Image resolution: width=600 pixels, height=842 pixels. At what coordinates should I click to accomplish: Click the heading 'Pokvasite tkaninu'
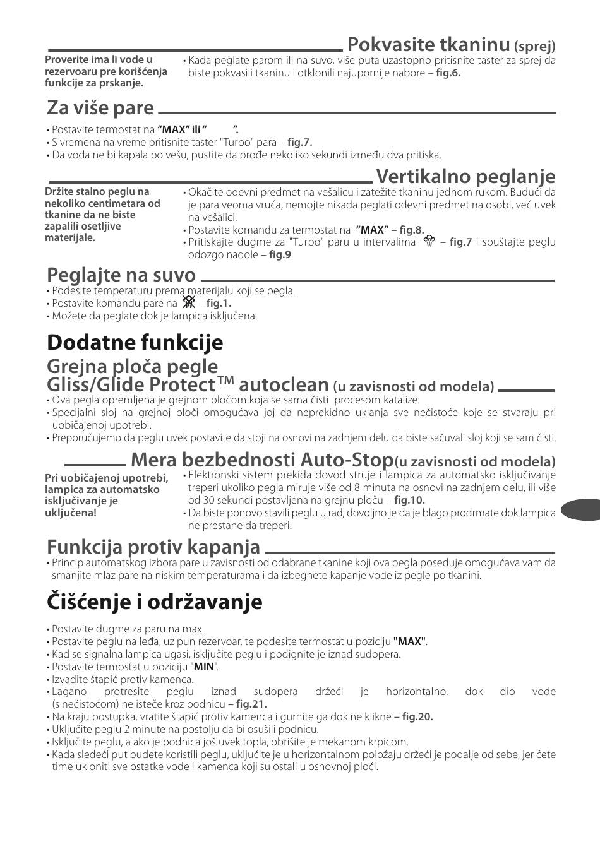[428, 44]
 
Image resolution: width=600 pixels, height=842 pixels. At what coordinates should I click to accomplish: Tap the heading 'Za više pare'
[100, 108]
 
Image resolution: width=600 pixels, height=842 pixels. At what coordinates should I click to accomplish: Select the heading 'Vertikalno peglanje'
[465, 175]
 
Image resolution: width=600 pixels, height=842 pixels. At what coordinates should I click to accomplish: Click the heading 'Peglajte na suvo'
[121, 275]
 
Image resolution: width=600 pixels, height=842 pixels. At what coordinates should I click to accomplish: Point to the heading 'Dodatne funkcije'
[135, 342]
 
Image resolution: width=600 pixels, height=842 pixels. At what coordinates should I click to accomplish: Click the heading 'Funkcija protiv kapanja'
[153, 546]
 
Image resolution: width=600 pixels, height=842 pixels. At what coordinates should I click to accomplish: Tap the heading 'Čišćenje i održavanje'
[154, 602]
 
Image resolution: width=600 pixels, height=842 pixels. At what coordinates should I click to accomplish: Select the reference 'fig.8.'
[412, 230]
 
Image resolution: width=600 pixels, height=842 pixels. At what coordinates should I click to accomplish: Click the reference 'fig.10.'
[409, 500]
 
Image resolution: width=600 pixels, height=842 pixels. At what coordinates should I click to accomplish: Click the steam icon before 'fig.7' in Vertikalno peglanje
[430, 242]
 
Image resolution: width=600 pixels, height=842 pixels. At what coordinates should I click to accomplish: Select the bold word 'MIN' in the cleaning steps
[203, 667]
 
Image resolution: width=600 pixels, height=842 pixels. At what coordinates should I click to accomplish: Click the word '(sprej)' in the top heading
[534, 46]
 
